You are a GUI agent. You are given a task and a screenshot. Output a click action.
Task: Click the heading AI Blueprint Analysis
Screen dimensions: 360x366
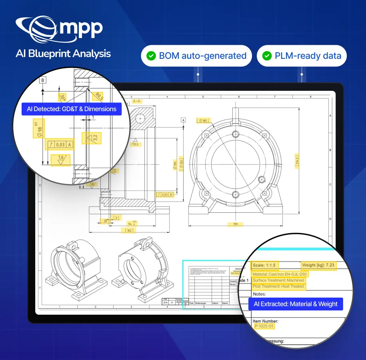coord(63,54)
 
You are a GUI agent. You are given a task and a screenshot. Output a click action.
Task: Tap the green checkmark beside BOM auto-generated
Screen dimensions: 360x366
coord(151,56)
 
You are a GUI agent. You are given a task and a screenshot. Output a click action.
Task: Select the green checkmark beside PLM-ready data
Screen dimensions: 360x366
coord(266,56)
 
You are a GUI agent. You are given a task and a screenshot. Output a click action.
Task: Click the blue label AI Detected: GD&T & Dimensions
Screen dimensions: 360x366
coord(72,109)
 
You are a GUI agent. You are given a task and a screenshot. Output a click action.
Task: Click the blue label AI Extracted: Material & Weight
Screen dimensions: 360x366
coord(296,304)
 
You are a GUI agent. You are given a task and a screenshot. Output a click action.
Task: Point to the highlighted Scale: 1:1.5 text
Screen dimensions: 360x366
coord(264,265)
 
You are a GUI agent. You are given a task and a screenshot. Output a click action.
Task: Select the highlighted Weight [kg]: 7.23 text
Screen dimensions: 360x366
coord(318,265)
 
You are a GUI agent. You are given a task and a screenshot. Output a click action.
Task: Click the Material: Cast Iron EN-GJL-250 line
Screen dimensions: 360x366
coord(280,274)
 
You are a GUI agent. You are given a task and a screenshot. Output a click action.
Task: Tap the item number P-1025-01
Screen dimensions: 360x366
coord(264,326)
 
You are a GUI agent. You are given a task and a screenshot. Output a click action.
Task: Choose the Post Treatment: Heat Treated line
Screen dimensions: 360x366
coord(278,286)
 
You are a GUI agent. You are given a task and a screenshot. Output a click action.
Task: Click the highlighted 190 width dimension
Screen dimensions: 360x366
coord(235,224)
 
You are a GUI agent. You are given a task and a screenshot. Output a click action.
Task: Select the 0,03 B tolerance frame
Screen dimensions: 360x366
coord(165,194)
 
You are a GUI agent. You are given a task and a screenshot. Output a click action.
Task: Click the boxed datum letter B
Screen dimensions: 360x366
coord(42,80)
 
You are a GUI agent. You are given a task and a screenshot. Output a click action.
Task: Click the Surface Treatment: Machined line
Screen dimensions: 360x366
coord(278,280)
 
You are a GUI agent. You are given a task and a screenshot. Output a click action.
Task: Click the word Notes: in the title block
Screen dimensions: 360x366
coord(260,294)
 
